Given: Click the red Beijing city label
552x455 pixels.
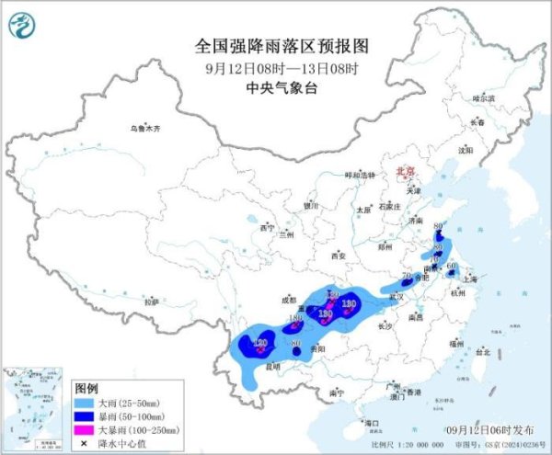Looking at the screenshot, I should coord(406,172).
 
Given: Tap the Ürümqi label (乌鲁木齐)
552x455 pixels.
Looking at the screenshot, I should coord(144,128).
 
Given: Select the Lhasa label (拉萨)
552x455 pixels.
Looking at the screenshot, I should coord(151,301).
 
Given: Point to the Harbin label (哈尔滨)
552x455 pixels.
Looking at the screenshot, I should coord(483,97).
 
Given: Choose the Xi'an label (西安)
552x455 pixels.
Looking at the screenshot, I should coord(338,255).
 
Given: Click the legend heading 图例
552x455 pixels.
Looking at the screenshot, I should coord(87,388).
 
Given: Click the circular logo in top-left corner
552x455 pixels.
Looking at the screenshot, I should coord(23,25).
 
